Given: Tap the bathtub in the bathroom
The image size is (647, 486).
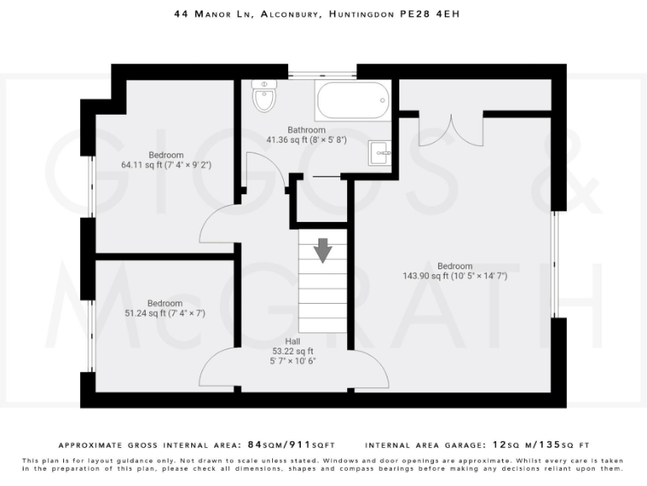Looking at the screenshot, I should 352,102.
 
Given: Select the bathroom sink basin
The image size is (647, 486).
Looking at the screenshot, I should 379,153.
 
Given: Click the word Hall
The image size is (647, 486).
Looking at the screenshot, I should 292,341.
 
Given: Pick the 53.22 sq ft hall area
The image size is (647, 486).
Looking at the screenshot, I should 292,351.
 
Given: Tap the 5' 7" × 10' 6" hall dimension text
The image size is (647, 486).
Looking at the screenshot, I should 292,361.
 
